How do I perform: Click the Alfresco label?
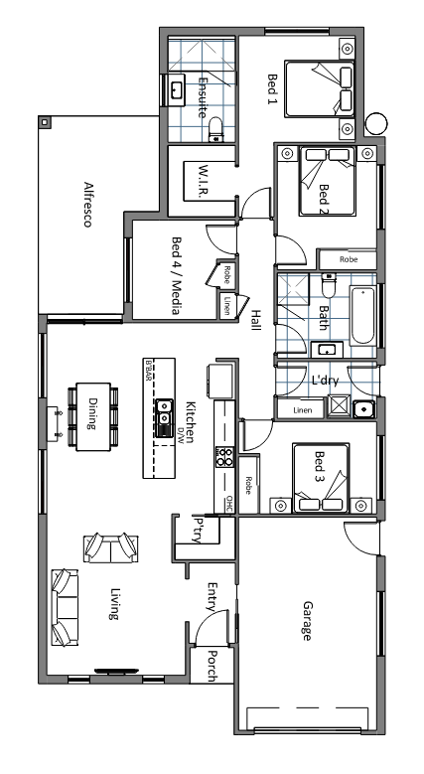(x=87, y=205)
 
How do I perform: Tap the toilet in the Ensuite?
(x=216, y=130)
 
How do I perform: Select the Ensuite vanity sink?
(x=175, y=89)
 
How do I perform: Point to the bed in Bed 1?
(x=320, y=88)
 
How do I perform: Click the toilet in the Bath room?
(x=329, y=285)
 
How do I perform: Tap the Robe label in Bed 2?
(x=349, y=259)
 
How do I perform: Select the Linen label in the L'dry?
(x=302, y=409)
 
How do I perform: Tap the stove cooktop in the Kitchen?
(x=224, y=456)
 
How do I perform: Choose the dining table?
(x=93, y=416)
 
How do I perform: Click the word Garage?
(x=307, y=620)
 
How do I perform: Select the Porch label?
(x=212, y=667)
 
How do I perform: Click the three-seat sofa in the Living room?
(x=66, y=607)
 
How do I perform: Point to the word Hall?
(x=255, y=320)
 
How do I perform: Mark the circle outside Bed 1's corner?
(x=376, y=123)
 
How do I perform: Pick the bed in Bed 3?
(x=321, y=478)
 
